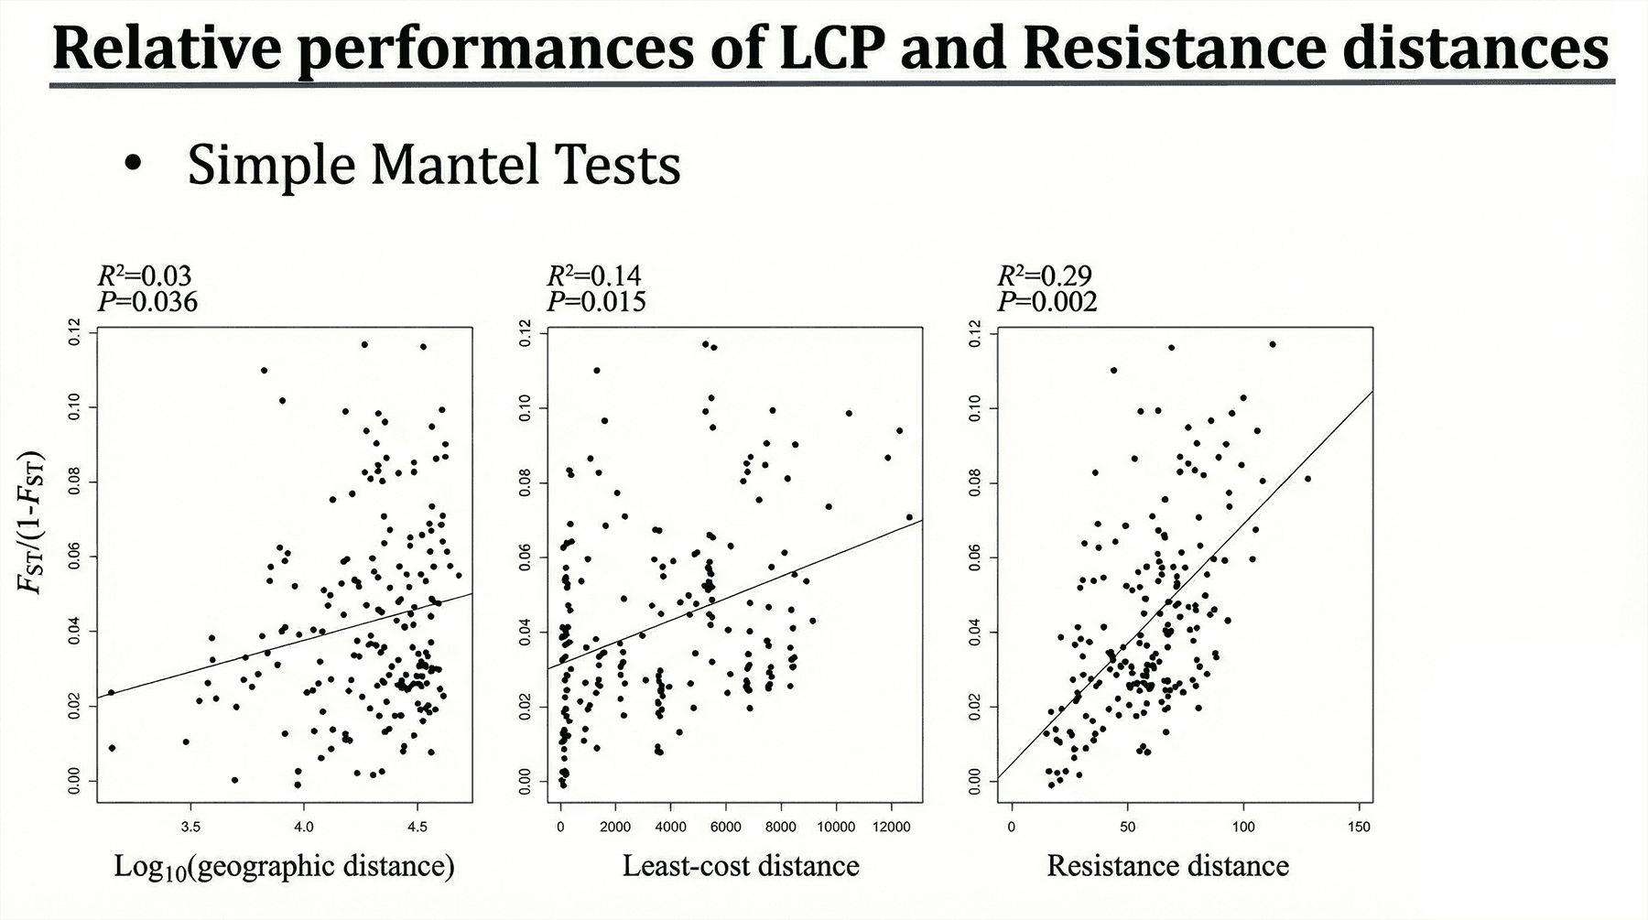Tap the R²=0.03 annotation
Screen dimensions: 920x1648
(x=145, y=276)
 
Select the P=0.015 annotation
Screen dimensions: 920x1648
(x=596, y=301)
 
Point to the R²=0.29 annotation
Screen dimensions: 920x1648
(x=1045, y=276)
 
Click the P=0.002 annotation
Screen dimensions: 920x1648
(x=1047, y=301)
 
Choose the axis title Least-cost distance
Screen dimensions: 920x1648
(x=741, y=866)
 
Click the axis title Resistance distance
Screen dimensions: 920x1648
(x=1167, y=866)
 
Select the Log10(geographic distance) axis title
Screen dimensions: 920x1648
(x=284, y=867)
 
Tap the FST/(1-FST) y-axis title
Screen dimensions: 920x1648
(x=34, y=522)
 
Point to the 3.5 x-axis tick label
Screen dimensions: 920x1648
(x=190, y=827)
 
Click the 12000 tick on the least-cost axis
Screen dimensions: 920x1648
(x=891, y=827)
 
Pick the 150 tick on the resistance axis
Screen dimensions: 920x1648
(x=1360, y=827)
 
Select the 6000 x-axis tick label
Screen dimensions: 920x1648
(x=726, y=827)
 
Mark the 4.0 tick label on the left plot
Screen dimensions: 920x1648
(x=304, y=827)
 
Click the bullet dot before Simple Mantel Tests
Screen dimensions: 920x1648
(x=135, y=166)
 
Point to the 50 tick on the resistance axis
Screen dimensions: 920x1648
(x=1128, y=827)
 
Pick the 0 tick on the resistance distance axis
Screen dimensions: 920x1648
(x=1012, y=827)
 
